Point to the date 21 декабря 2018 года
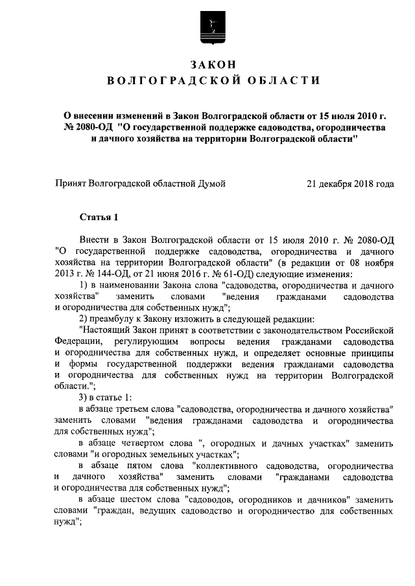point(350,184)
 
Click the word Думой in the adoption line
point(210,184)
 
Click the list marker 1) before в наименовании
point(83,286)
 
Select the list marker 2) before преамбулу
point(83,319)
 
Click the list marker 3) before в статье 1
point(83,397)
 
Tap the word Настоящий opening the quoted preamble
point(106,330)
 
